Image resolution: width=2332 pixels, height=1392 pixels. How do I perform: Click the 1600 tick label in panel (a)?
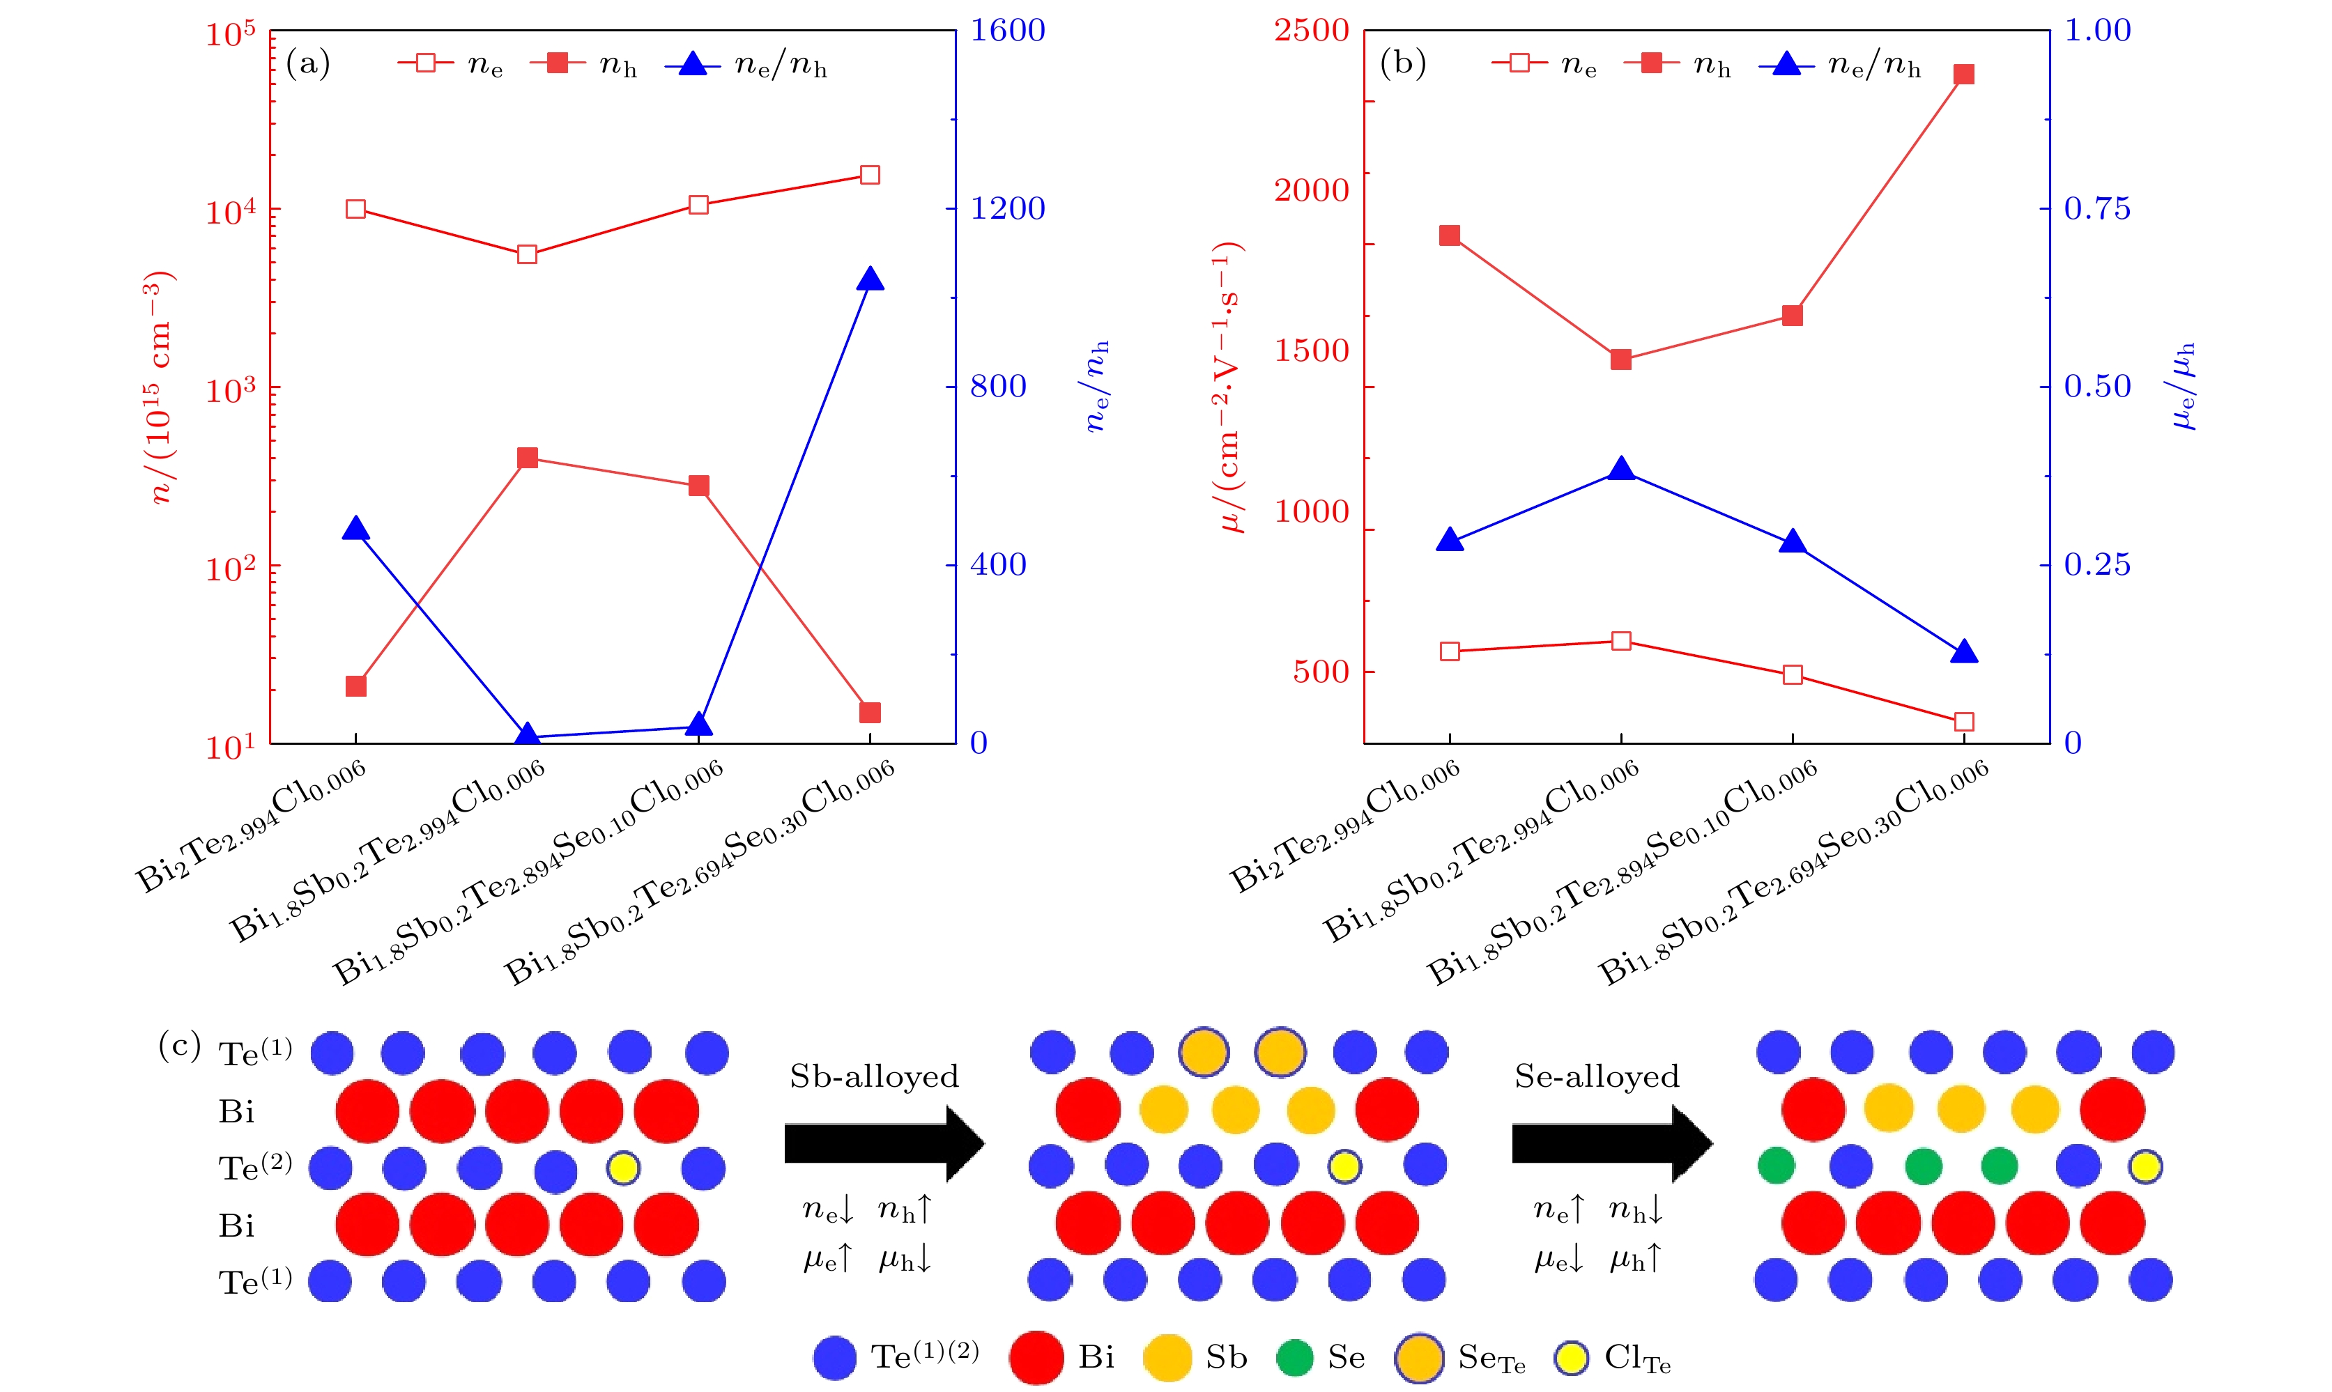[x=1006, y=30]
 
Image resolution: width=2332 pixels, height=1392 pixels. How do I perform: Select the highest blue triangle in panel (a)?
[x=870, y=279]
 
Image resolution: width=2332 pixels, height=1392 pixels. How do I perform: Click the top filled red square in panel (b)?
[x=1963, y=74]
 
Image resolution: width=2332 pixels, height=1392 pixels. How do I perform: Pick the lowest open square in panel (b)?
[x=1963, y=721]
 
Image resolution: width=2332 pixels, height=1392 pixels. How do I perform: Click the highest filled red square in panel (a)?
[x=527, y=458]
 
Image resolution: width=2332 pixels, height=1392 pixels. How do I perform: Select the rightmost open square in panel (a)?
[x=870, y=174]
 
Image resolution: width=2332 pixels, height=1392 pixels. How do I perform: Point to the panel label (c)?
[x=179, y=1045]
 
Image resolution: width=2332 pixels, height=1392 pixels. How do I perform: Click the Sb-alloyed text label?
[x=874, y=1076]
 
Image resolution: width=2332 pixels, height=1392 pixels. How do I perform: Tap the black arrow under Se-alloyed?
[x=1611, y=1143]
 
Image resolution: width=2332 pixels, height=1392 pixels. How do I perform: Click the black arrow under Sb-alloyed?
[x=884, y=1143]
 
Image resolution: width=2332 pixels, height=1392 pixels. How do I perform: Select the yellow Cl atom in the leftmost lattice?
[x=624, y=1168]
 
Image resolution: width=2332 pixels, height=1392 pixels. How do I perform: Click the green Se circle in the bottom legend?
[x=1294, y=1357]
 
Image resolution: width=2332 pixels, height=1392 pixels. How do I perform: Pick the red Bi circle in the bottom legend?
[x=1036, y=1357]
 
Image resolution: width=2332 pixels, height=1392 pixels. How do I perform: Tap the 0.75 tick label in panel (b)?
[x=2096, y=208]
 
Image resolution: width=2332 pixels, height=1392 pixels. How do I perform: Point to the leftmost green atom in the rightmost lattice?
[x=1776, y=1166]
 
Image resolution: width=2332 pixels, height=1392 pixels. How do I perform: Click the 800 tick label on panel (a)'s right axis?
[x=997, y=387]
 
